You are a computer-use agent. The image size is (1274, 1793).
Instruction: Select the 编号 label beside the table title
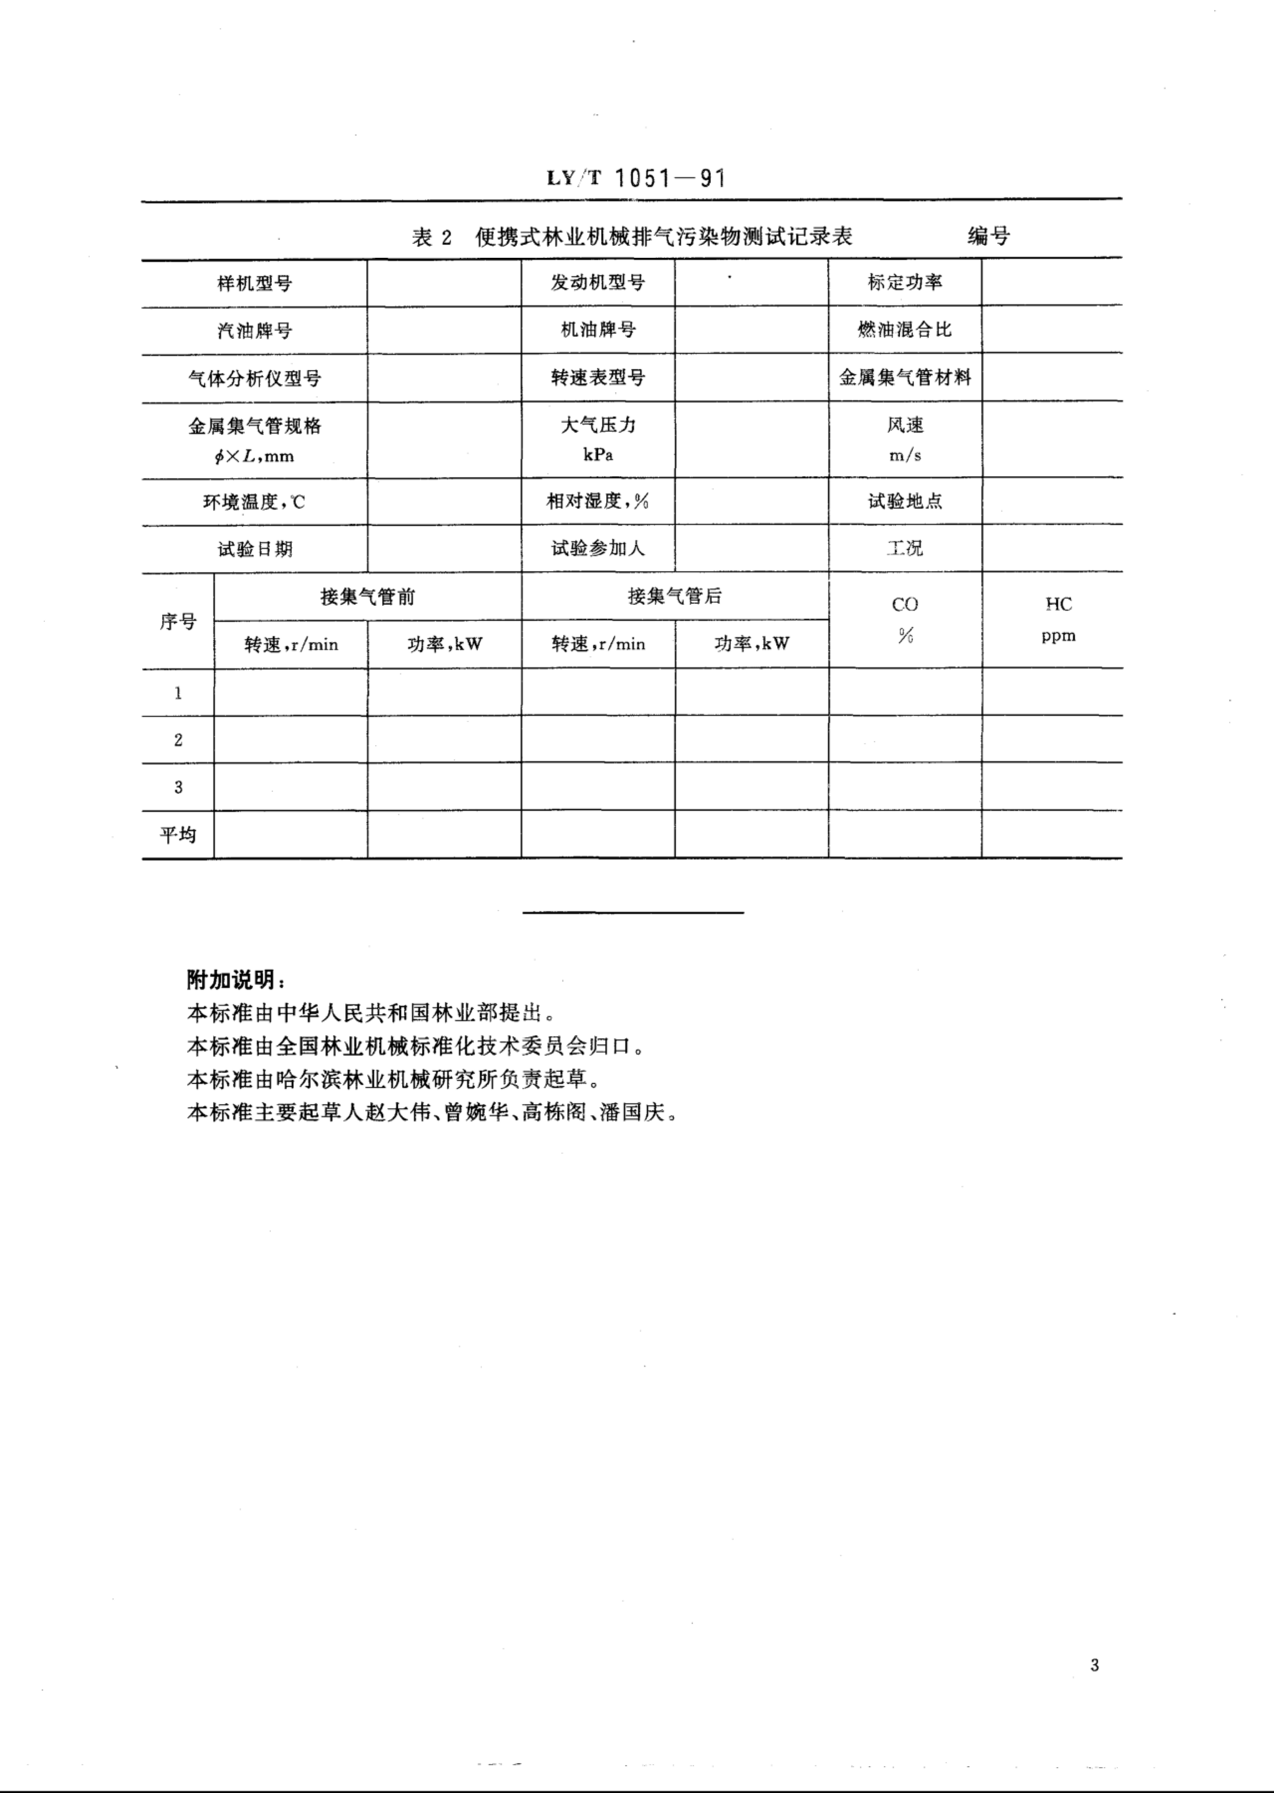click(988, 235)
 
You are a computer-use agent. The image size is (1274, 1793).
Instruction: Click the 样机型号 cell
click(254, 283)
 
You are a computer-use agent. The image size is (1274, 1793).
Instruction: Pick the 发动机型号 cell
click(598, 282)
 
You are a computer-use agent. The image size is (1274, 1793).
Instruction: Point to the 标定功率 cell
click(905, 282)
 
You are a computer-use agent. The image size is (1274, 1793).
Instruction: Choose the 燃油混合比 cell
click(905, 329)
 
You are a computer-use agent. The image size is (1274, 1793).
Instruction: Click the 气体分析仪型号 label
click(254, 378)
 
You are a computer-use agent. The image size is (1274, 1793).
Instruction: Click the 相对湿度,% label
click(598, 501)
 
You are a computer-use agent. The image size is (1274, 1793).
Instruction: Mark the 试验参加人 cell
click(598, 549)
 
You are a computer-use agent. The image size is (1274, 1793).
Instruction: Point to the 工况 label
click(905, 549)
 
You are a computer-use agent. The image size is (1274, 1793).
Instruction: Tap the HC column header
click(1058, 604)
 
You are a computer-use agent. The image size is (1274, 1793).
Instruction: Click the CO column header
click(905, 604)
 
